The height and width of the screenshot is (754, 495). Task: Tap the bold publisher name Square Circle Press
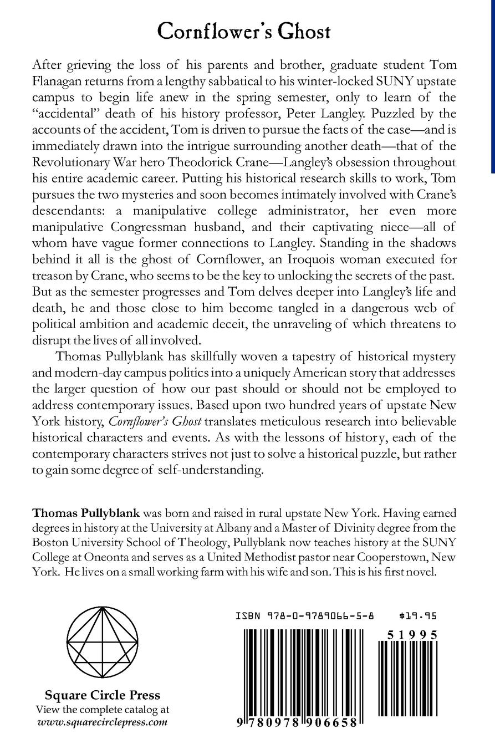tap(102, 695)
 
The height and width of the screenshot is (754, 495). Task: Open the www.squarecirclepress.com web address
tap(102, 722)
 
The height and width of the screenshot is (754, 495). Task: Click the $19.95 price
tap(418, 615)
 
